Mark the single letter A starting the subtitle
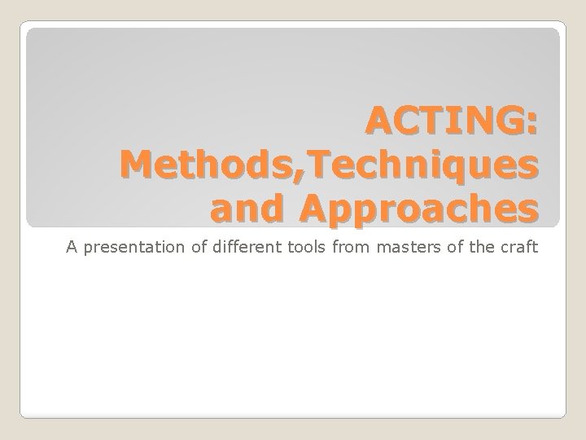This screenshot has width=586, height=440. click(x=72, y=248)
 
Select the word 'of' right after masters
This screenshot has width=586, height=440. click(x=453, y=248)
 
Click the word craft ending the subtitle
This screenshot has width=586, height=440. click(x=518, y=248)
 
